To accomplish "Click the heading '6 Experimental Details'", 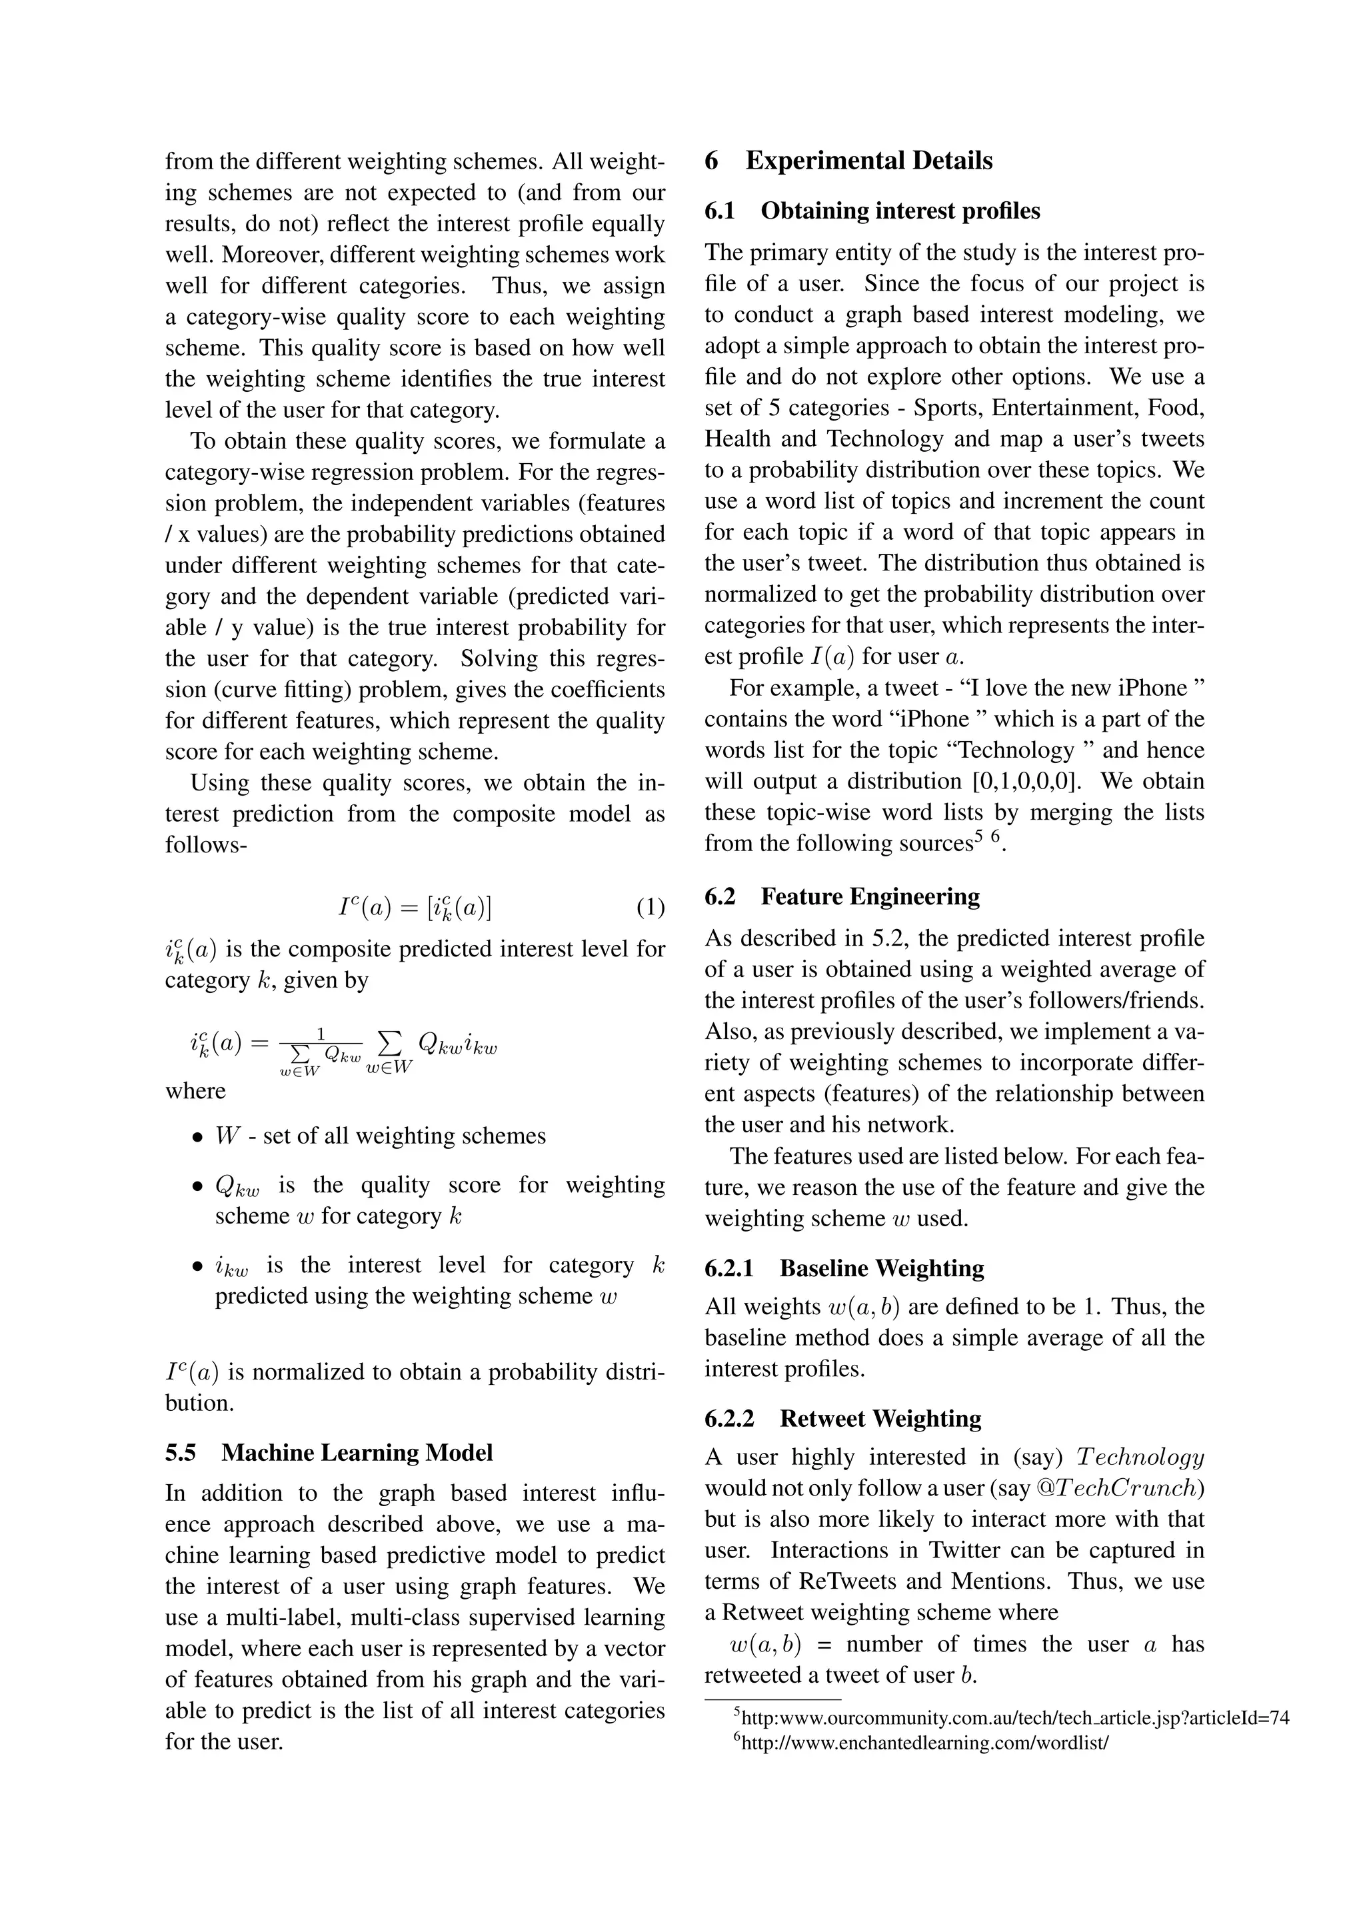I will pyautogui.click(x=849, y=161).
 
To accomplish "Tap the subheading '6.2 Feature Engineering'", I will pyautogui.click(x=842, y=896).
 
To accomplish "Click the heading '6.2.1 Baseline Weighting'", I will pyautogui.click(x=844, y=1268).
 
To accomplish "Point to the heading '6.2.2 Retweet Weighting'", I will pyautogui.click(x=843, y=1418).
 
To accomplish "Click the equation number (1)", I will pyautogui.click(x=650, y=907).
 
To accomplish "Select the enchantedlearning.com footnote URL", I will pyautogui.click(x=925, y=1743).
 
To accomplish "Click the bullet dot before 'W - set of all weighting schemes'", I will pyautogui.click(x=197, y=1138).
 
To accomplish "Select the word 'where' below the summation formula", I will pyautogui.click(x=195, y=1091).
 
